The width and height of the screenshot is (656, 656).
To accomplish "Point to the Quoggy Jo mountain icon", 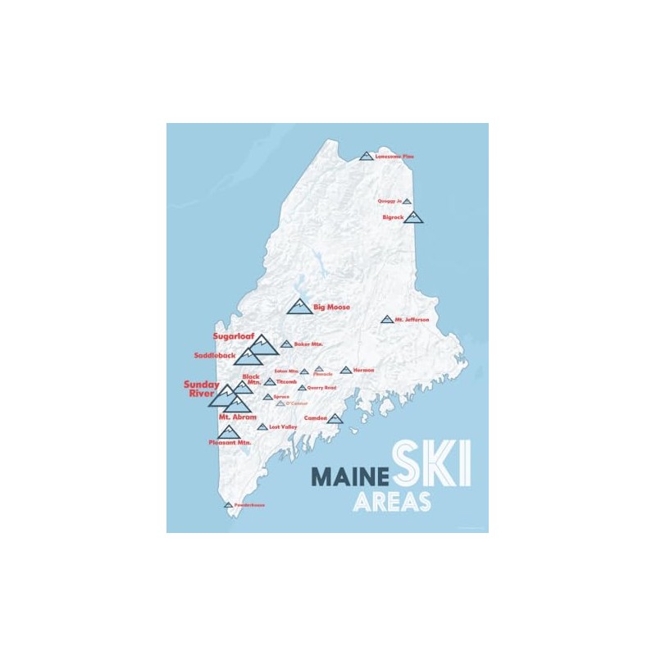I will click(407, 200).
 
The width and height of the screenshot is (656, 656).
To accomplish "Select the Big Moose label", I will click(333, 307).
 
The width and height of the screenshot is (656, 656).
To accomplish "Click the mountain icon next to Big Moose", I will click(300, 307).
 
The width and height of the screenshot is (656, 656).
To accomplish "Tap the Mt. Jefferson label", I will click(412, 319).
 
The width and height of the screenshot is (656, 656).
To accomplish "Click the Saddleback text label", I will click(215, 355).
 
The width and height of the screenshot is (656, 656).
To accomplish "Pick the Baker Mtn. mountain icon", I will click(286, 344).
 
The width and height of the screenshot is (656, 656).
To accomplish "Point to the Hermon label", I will click(363, 370).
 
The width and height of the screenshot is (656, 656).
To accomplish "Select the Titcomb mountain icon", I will click(270, 381).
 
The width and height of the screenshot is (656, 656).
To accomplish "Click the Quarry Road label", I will click(322, 387).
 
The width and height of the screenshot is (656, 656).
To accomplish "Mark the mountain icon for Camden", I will click(335, 418).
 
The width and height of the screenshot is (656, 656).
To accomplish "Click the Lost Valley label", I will click(283, 427).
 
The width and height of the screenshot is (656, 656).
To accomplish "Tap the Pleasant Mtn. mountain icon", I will click(227, 431).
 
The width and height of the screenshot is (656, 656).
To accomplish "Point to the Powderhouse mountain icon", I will click(229, 505).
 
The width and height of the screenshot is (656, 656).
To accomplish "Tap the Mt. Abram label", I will click(237, 417).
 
